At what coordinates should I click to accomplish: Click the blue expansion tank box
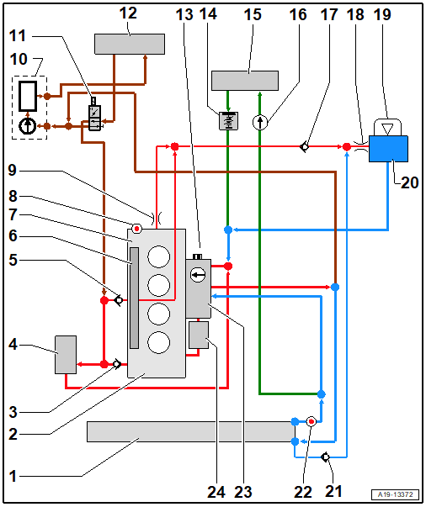click(388, 149)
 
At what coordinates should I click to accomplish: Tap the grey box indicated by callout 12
click(130, 44)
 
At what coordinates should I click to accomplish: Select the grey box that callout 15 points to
click(245, 81)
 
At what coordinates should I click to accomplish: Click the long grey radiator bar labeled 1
click(190, 431)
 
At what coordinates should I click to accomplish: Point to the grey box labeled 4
click(66, 355)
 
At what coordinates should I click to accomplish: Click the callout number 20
click(409, 182)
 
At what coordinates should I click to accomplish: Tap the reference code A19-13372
click(396, 494)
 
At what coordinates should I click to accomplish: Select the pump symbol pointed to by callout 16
click(260, 123)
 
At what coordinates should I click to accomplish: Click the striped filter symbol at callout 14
click(228, 121)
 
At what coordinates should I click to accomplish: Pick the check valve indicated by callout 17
click(304, 147)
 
